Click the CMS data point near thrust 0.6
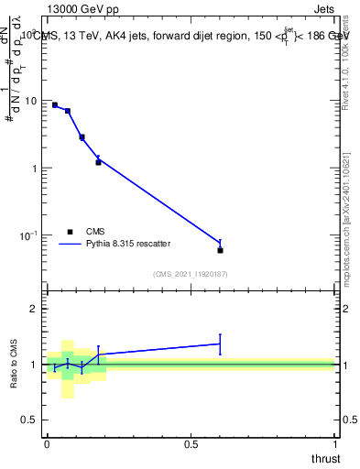coord(220,250)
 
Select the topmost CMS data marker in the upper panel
coord(55,105)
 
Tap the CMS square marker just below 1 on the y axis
coord(98,162)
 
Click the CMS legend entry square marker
coord(70,232)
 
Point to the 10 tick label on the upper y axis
coord(31,101)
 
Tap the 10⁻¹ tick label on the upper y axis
coord(29,235)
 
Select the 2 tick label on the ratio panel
coord(36,310)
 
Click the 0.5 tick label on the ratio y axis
coord(31,420)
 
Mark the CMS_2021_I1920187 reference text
coord(190,274)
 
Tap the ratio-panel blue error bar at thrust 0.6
coord(220,344)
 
